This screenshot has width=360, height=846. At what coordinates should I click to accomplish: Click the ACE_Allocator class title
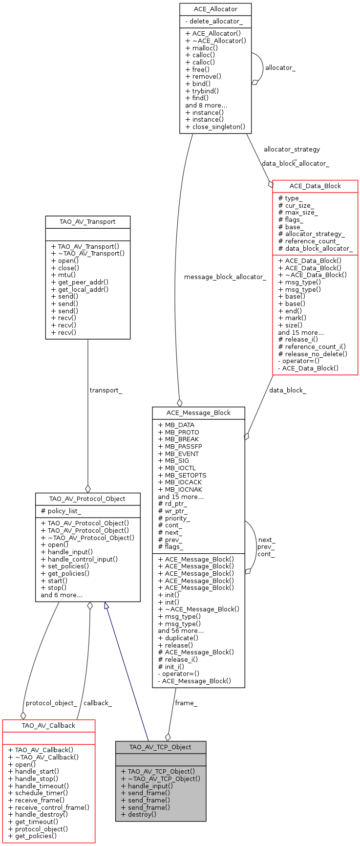coord(215,9)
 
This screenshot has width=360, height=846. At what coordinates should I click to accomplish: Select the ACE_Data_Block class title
coord(315,186)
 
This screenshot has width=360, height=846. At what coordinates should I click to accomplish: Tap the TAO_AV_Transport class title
coord(87,222)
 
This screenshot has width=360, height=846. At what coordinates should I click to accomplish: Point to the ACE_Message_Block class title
coord(198,413)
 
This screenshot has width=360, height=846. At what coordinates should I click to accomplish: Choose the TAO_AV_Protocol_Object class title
coord(87,499)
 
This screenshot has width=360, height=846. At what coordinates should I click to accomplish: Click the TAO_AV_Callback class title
coord(48,726)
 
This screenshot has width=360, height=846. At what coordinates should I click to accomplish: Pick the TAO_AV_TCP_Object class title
coord(160,747)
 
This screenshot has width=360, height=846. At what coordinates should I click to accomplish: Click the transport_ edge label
coord(106,390)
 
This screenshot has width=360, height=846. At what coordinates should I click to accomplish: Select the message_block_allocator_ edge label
coord(225,277)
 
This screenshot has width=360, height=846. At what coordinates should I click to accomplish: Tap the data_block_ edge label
coord(287,390)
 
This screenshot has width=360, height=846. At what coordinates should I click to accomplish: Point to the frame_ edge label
coord(186,703)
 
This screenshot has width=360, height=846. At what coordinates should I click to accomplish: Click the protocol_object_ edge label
coord(51,703)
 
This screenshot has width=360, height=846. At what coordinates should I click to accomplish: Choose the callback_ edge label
coord(98,703)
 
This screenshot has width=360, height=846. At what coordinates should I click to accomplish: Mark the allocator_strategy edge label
coord(292,150)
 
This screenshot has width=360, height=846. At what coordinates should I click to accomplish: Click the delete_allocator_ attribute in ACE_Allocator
coord(215,22)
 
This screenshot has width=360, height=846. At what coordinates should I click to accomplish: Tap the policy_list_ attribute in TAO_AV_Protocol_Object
coord(64,511)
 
